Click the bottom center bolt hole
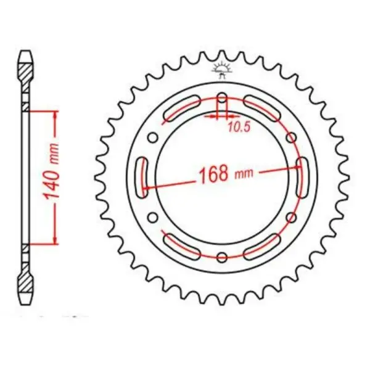pos(222,257)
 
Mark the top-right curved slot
pos(262,107)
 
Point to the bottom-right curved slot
pos(262,245)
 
